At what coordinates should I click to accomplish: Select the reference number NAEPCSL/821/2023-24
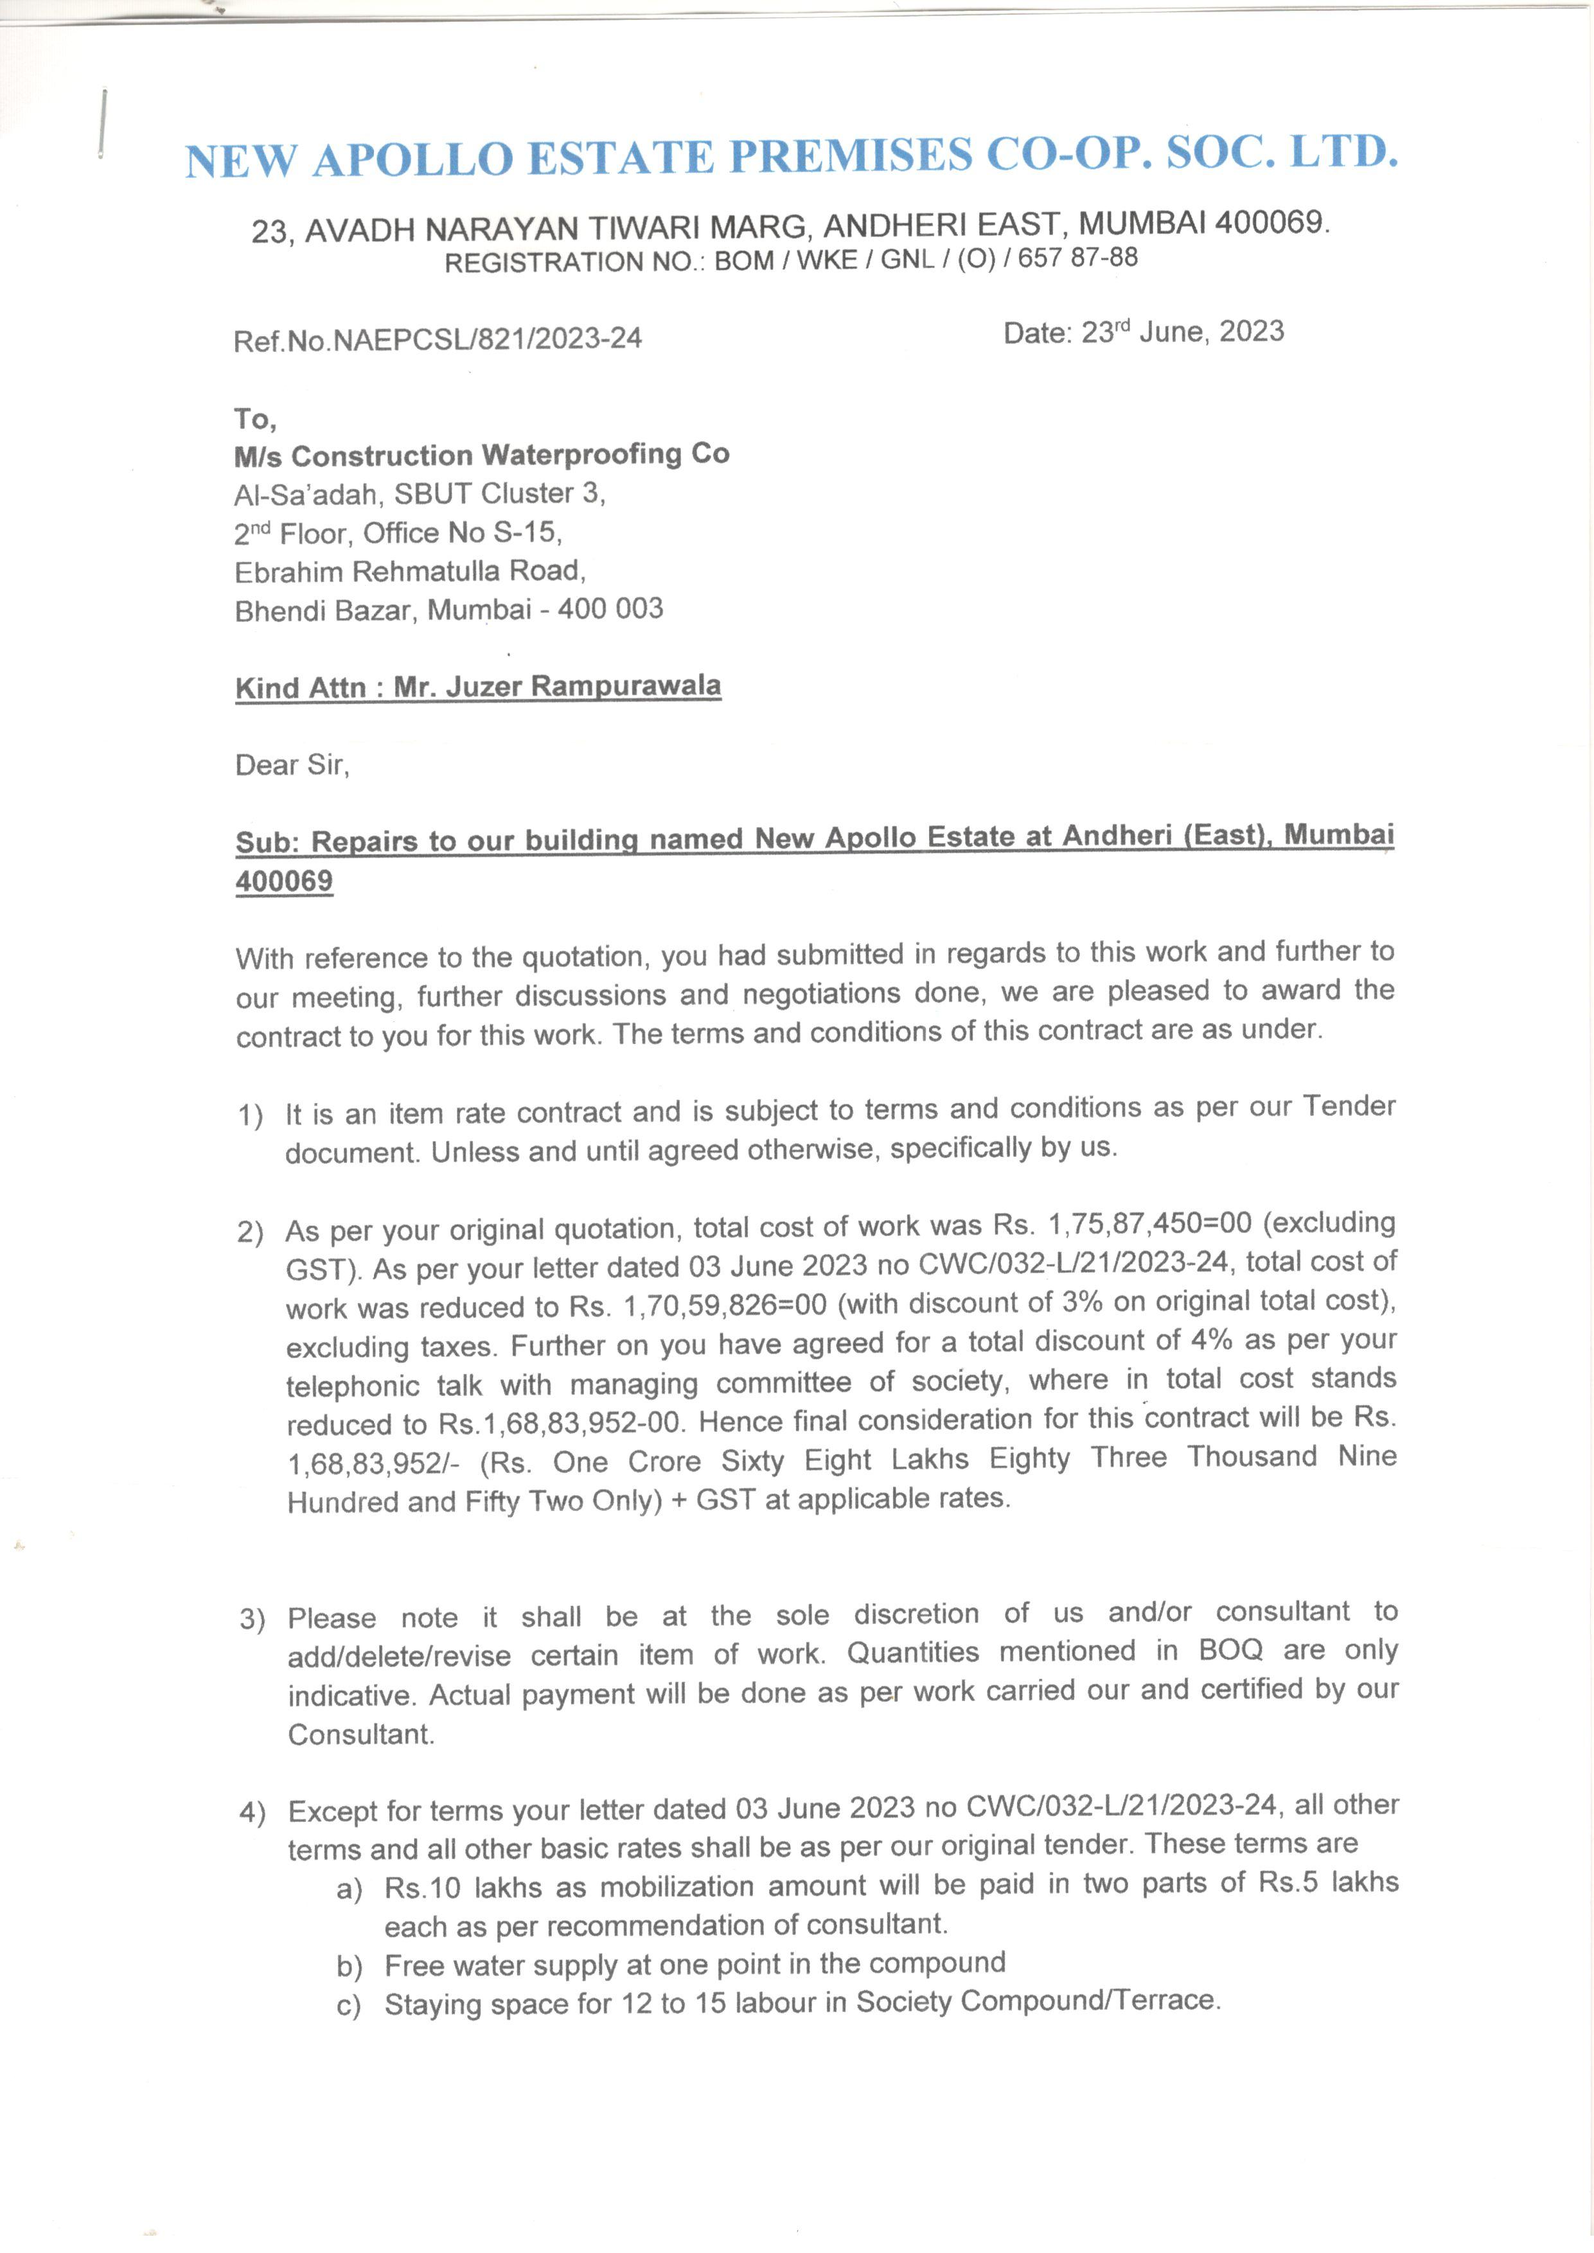coord(487,339)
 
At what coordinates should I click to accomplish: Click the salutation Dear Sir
coord(292,764)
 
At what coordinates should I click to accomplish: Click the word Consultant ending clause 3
coord(360,1735)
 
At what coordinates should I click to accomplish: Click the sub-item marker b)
coord(350,1966)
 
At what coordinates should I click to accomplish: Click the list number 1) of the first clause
coord(251,1115)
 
